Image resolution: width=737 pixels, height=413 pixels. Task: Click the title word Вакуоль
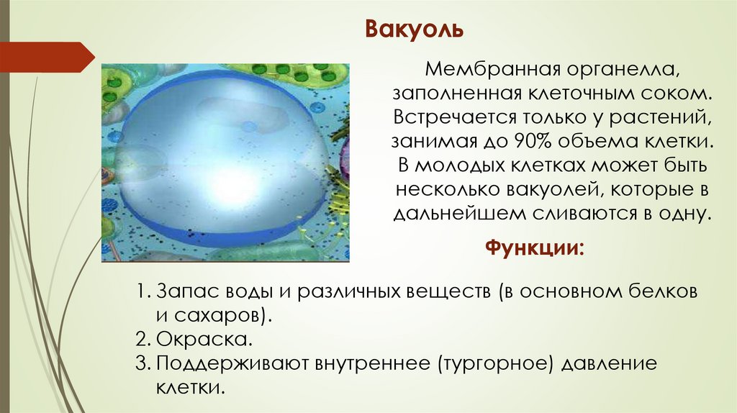[413, 29]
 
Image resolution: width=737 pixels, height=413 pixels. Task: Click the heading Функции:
[535, 249]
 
